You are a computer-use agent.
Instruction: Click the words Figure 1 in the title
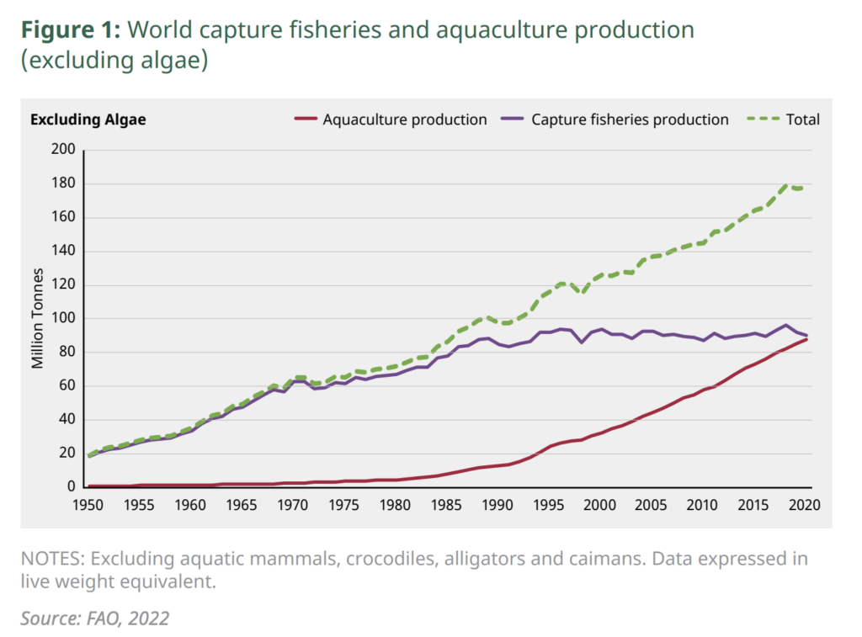tap(72, 30)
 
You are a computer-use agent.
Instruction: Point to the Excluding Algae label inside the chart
tap(88, 119)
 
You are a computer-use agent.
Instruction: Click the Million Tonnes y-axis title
tap(38, 318)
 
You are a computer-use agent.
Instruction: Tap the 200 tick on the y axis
tap(65, 150)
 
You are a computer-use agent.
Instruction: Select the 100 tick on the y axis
tap(65, 318)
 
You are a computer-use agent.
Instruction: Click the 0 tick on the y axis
tap(72, 486)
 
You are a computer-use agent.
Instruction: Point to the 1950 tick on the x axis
tap(88, 505)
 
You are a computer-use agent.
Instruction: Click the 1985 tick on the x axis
tap(447, 505)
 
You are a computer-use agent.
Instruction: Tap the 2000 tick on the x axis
tap(601, 505)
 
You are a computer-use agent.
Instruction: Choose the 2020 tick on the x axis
tap(806, 505)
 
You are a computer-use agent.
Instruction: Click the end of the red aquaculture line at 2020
tap(806, 339)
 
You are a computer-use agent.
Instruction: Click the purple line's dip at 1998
tap(581, 342)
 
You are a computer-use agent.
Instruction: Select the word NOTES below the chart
tap(53, 560)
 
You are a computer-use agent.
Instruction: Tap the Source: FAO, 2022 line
tap(94, 618)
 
